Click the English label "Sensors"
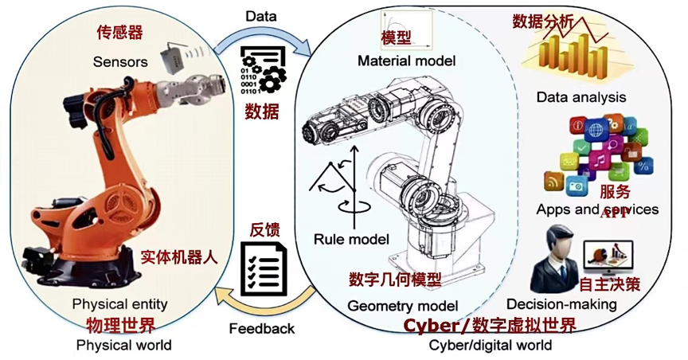tap(119, 61)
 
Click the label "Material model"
tap(406, 61)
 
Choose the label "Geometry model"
tap(402, 305)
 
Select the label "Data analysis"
tap(580, 97)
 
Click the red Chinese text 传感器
tap(119, 33)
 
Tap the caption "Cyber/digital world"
tap(490, 345)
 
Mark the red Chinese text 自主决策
tap(609, 284)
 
